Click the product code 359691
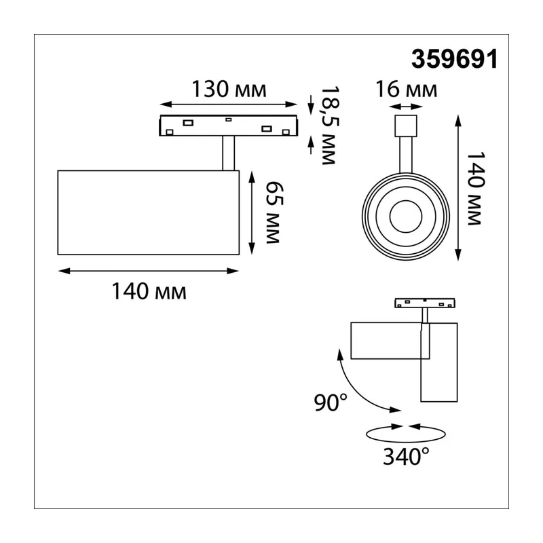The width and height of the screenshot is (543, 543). click(x=454, y=58)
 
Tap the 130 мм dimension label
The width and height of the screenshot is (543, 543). click(x=229, y=89)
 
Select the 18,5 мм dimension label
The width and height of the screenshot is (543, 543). click(x=329, y=125)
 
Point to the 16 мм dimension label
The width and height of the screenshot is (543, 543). click(x=406, y=89)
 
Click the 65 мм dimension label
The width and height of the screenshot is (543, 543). click(x=274, y=212)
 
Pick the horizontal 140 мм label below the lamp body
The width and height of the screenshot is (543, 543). click(x=149, y=291)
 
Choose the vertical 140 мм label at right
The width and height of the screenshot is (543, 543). click(x=474, y=189)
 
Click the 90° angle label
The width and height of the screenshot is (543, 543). click(x=331, y=402)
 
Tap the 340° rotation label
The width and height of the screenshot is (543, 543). click(x=406, y=456)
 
